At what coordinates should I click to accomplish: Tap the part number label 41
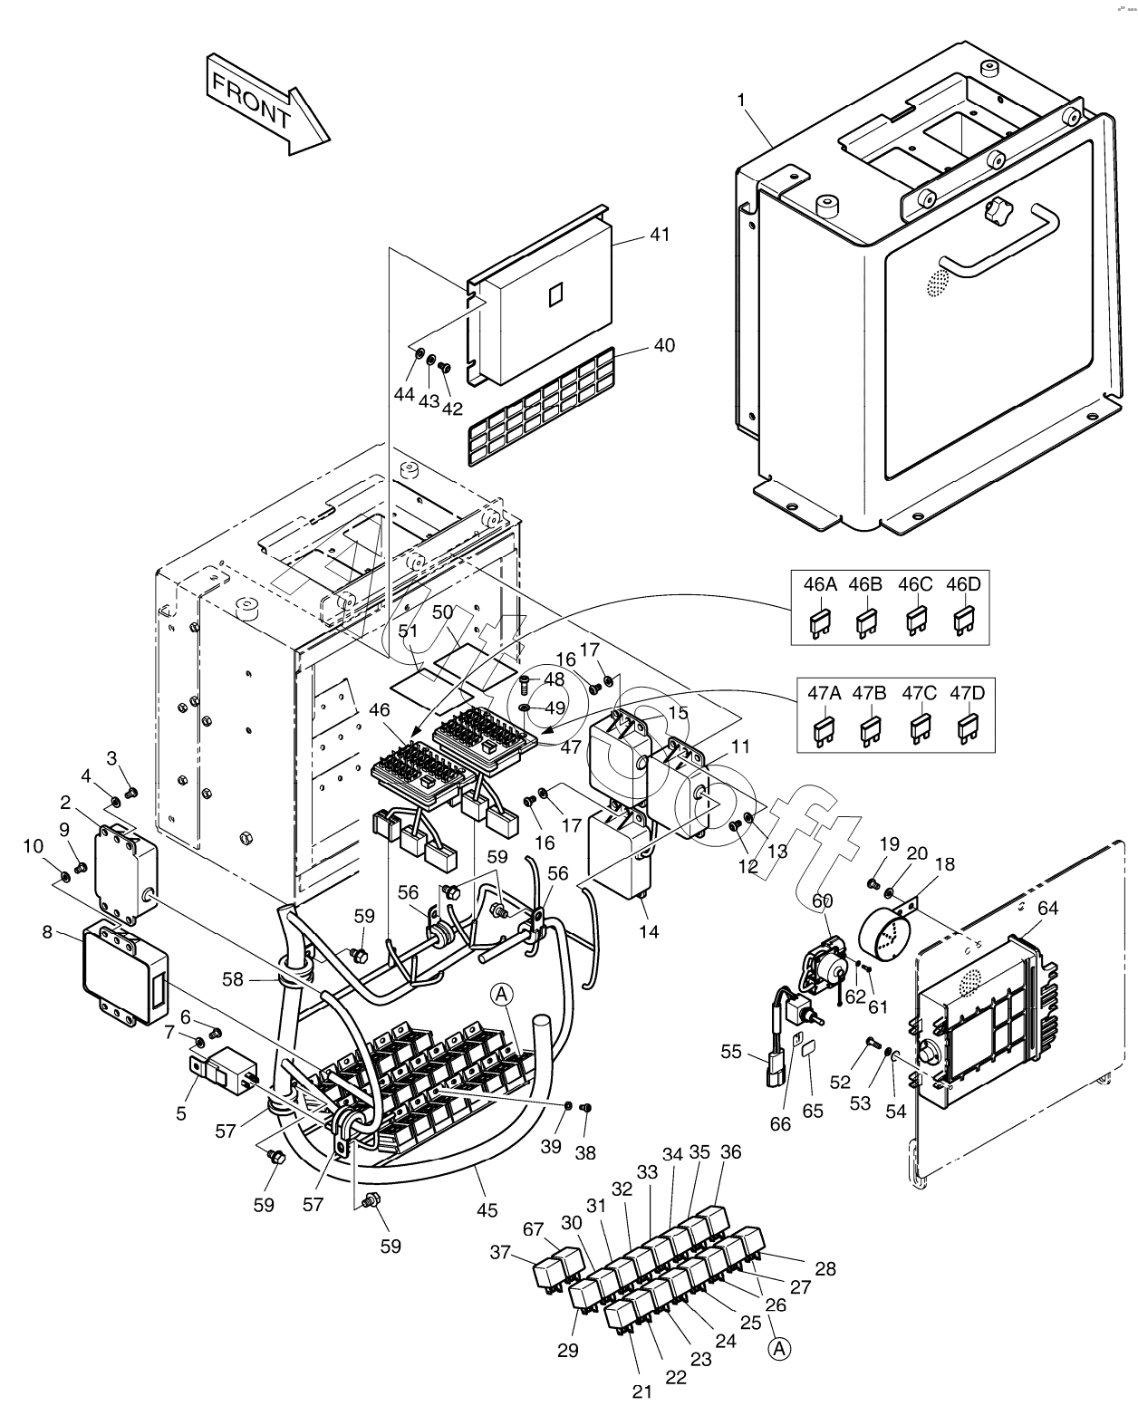coord(660,235)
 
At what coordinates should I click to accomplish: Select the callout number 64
coord(1047,908)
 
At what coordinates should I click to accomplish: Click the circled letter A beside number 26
coord(778,1349)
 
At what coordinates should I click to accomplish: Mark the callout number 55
coord(732,1052)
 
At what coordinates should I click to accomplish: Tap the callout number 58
coord(234,978)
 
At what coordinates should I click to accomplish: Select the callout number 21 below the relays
coord(642,1392)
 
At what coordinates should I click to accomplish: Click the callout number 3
coord(112,757)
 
